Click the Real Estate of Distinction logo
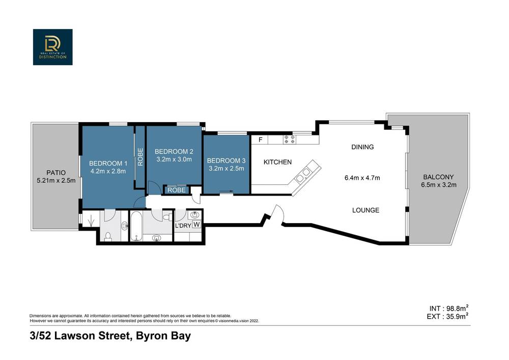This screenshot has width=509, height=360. click(53, 47)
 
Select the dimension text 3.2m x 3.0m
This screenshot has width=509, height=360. click(174, 159)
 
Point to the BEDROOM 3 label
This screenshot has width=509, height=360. click(225, 160)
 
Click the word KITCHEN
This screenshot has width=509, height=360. click(277, 162)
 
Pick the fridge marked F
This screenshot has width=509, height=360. click(260, 140)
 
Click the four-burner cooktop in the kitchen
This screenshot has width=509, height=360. click(290, 139)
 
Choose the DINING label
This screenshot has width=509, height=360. click(362, 147)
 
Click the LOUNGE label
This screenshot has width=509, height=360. click(365, 210)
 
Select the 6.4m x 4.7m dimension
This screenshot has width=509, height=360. click(362, 178)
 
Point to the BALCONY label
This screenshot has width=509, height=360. click(436, 177)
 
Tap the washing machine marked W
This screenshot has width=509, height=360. click(196, 225)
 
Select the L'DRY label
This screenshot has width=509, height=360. click(182, 225)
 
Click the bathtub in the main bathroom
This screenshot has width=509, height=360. click(137, 227)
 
